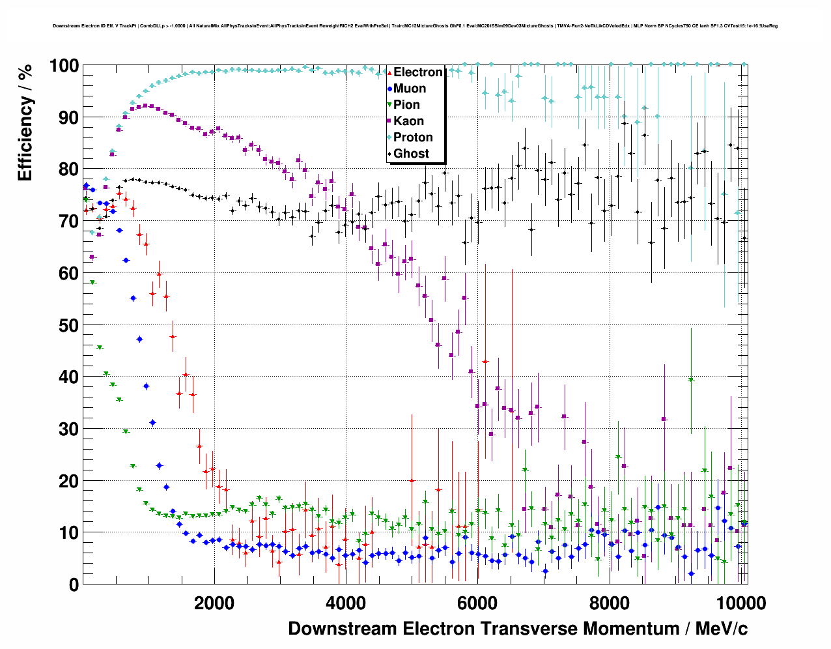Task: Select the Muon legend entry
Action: tap(409, 89)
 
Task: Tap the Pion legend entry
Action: tap(406, 105)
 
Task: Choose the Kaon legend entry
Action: tap(408, 121)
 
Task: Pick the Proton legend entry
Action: tap(413, 137)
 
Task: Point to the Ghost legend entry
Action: tap(411, 154)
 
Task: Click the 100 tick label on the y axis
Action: tap(64, 66)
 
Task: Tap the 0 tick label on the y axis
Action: tap(74, 584)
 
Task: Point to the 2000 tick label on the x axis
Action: tap(214, 603)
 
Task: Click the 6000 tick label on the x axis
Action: tap(477, 603)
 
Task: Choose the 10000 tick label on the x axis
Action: tap(740, 603)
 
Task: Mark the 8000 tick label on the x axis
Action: tap(609, 603)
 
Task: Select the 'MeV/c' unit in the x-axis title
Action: tap(721, 629)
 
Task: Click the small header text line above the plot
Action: tap(415, 26)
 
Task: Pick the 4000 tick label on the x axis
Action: tap(345, 603)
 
